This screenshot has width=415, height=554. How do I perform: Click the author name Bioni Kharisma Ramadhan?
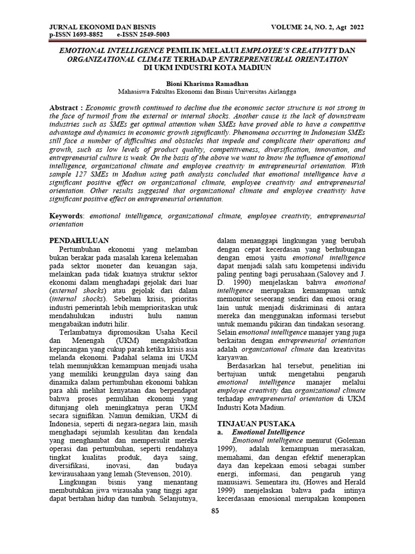click(x=207, y=84)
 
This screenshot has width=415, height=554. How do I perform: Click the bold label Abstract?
click(x=66, y=108)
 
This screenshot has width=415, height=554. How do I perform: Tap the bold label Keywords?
click(x=66, y=215)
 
